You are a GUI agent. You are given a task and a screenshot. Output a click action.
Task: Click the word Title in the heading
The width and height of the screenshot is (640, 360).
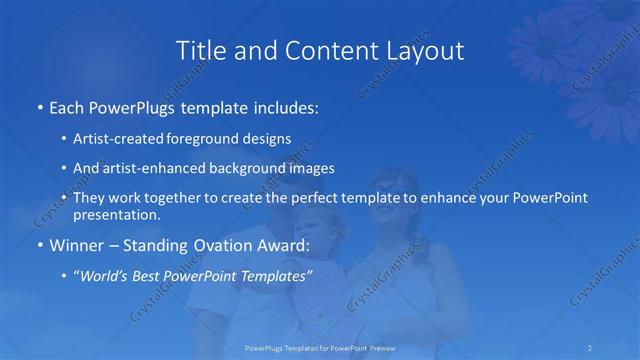200,51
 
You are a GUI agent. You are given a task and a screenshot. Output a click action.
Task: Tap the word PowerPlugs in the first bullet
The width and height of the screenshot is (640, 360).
127,106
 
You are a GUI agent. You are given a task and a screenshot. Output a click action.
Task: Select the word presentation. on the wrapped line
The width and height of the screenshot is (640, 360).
117,214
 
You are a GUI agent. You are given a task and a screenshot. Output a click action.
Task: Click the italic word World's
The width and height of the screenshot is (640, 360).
105,275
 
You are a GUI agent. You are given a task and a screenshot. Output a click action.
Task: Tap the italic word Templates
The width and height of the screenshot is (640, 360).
273,275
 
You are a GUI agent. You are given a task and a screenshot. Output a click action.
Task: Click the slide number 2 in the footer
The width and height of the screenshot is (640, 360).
590,348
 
